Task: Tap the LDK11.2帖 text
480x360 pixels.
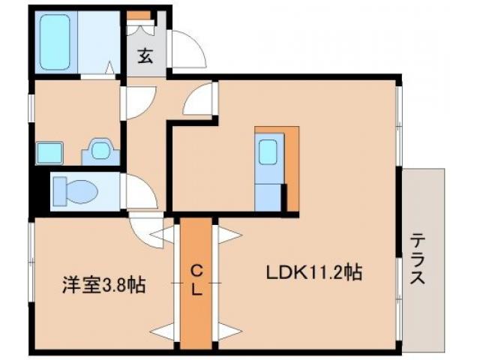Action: [x=314, y=272]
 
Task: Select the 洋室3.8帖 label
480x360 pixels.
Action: [x=103, y=285]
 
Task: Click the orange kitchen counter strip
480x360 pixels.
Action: [x=292, y=169]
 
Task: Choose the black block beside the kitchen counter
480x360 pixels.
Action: [x=284, y=199]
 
